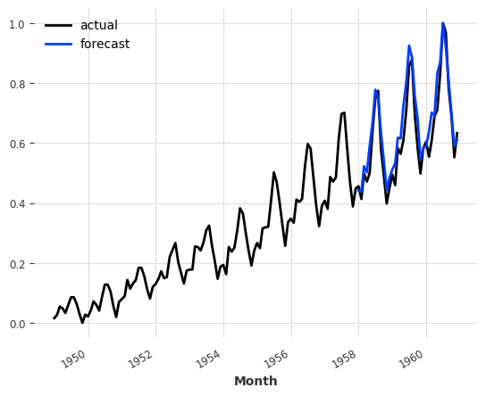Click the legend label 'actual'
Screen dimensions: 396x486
tap(98, 26)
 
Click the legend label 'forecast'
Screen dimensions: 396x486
tap(105, 45)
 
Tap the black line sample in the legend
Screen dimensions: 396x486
tap(61, 26)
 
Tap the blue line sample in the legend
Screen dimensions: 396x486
tap(61, 45)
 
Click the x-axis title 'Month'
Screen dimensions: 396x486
tap(256, 381)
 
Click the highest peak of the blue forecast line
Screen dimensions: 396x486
tap(442, 23)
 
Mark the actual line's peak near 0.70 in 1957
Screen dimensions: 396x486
tap(343, 112)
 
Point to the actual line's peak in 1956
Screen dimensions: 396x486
tap(307, 144)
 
